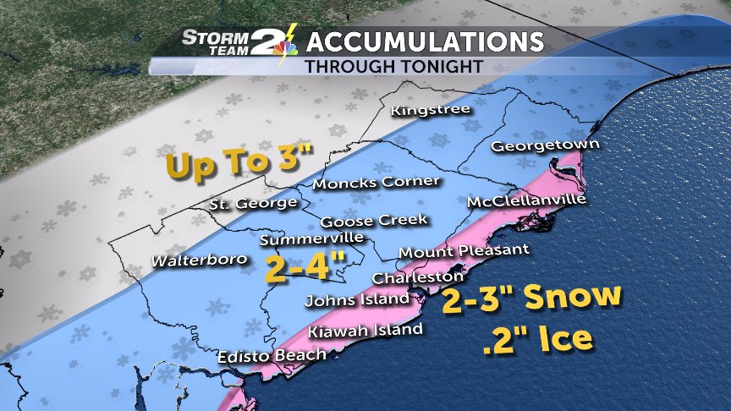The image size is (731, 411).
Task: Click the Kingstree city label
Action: click(x=430, y=110)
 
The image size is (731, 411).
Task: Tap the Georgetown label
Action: click(x=545, y=145)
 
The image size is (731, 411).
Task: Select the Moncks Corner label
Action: click(x=376, y=182)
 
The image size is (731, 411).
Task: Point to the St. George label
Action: click(x=253, y=203)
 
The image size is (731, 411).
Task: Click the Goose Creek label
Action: click(x=375, y=221)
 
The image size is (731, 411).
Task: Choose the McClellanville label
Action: click(x=525, y=201)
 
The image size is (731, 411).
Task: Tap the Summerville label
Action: click(x=304, y=239)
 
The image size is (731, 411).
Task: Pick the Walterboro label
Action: click(x=200, y=260)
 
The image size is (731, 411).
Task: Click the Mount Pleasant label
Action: click(x=464, y=250)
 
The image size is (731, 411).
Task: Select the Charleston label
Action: click(x=418, y=277)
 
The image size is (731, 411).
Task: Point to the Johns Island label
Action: click(x=357, y=299)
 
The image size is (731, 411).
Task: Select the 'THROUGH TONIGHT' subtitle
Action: click(x=394, y=65)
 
